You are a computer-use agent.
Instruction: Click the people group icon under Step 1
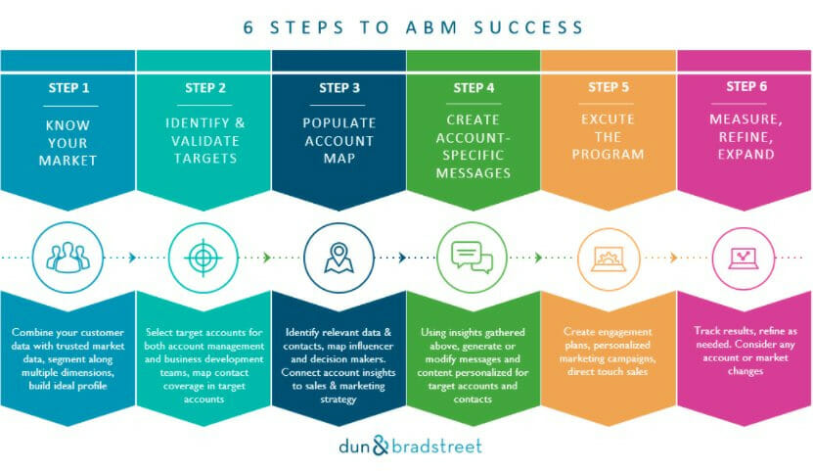tap(68, 258)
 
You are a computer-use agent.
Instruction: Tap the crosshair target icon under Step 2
tap(203, 258)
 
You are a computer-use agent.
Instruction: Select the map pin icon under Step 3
tap(339, 258)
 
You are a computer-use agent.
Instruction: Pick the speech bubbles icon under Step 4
tap(472, 258)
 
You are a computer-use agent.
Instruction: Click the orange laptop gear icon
tap(609, 259)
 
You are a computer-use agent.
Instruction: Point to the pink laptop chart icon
tap(744, 258)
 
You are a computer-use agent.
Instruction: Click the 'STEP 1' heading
tap(68, 88)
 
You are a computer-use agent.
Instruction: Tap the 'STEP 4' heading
tap(474, 88)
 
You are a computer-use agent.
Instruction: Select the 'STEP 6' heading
tap(746, 86)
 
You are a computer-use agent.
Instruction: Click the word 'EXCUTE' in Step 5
tap(608, 119)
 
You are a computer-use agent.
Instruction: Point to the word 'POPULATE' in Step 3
tap(339, 123)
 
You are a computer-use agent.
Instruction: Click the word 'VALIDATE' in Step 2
tap(205, 141)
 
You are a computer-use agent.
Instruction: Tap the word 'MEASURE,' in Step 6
tap(745, 119)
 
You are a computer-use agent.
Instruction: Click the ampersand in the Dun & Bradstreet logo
tap(380, 446)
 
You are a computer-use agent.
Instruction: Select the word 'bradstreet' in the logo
tap(436, 447)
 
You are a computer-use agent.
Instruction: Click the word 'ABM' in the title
tap(431, 27)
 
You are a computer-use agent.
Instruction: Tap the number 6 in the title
tap(248, 27)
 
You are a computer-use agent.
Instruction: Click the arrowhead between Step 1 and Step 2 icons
tap(133, 258)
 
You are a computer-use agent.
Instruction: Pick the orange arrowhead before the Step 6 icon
tap(673, 258)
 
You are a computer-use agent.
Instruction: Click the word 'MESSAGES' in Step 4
tap(474, 173)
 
